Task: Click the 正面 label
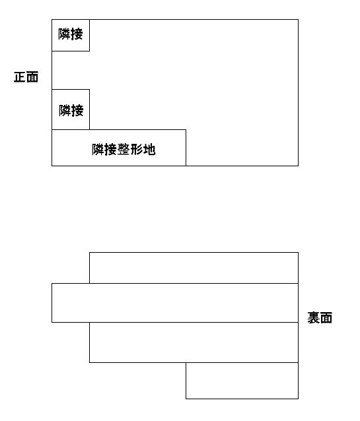coord(26,77)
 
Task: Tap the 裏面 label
coord(320,317)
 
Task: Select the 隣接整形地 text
coord(124,149)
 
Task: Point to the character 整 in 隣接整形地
coord(124,149)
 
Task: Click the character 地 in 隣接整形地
coord(149,149)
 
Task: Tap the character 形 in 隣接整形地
coord(137,149)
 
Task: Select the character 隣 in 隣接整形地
coord(98,149)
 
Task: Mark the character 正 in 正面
coord(20,77)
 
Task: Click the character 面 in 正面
coord(32,77)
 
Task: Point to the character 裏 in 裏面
coord(314,317)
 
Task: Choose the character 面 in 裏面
coord(326,317)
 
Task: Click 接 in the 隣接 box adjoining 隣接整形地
coord(77,110)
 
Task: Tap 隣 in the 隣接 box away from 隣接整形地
coord(65,34)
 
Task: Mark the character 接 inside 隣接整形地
coord(111,149)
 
